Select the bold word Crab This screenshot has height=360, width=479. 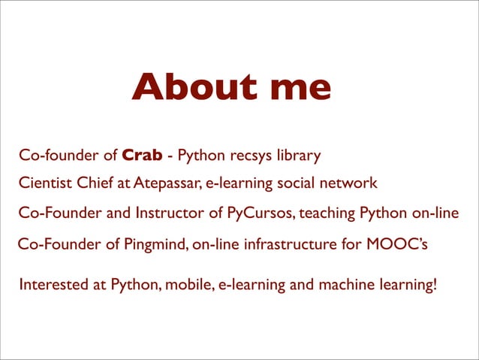142,156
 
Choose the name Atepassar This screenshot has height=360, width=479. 163,183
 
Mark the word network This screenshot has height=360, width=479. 351,183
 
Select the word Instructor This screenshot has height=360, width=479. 170,213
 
